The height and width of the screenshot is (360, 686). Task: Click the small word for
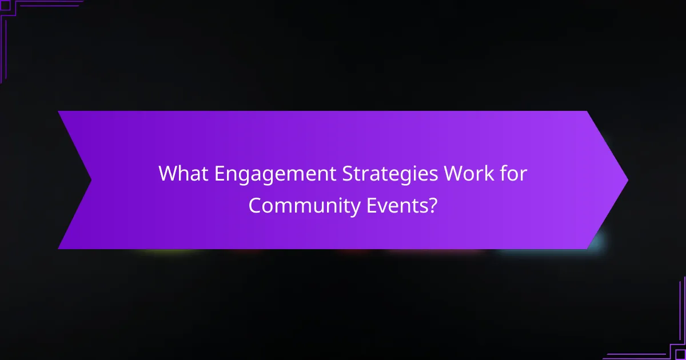[512, 174]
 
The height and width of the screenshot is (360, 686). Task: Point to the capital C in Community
[255, 205]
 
